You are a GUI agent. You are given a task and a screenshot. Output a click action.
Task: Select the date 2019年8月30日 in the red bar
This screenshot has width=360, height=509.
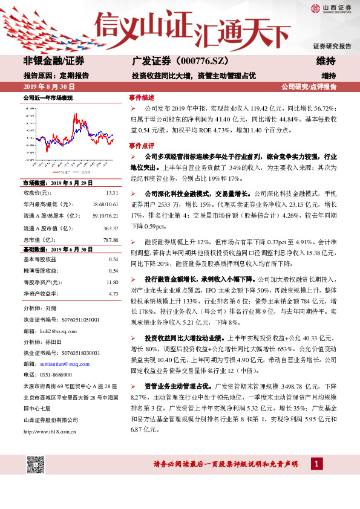click(x=50, y=87)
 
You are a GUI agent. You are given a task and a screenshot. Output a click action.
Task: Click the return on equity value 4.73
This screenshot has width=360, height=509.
click(x=113, y=294)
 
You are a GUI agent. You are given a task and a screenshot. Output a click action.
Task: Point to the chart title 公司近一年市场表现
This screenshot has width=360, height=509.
click(x=48, y=98)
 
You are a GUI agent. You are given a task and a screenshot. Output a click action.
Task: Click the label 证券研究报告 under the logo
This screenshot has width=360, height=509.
click(x=332, y=46)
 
